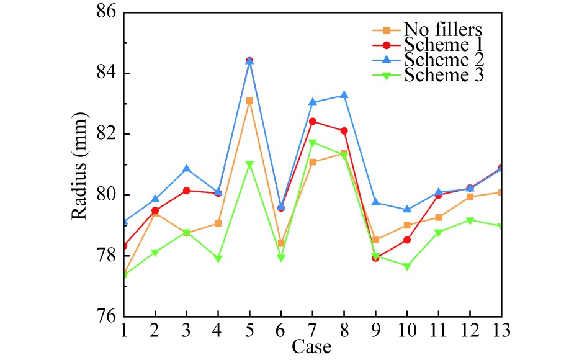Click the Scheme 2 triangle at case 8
344,95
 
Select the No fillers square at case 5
249,101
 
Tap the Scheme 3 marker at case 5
249,165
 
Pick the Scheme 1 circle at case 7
312,122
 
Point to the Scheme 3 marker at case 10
406,267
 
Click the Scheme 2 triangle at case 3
187,169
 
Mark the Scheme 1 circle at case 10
406,240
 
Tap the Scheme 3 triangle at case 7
312,143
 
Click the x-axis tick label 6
280,330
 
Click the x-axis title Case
312,346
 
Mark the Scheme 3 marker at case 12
469,220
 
